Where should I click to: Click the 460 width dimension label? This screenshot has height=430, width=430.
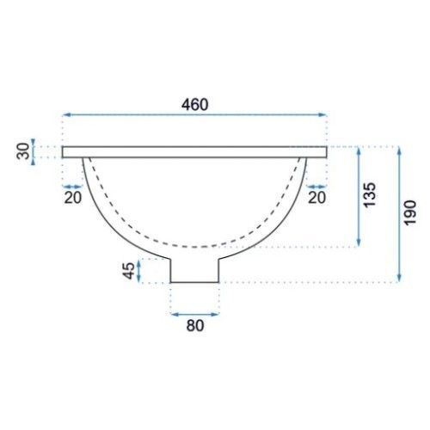pos(195,105)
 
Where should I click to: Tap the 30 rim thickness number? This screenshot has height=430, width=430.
pos(23,151)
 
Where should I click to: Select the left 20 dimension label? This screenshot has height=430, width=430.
pos(73,198)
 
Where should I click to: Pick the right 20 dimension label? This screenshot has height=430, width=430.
pos(316,198)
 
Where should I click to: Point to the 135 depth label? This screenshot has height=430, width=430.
pos(369,194)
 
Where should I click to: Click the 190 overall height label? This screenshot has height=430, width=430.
pos(409,213)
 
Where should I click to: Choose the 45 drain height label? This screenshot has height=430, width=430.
pos(129,271)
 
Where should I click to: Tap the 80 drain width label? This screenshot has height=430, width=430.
pos(195,326)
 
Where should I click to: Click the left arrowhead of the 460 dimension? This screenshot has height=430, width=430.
pos(66,115)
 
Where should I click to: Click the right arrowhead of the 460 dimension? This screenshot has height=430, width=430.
pos(322,115)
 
